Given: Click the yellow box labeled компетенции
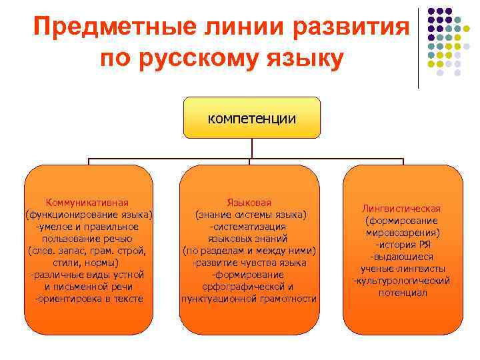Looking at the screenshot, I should tap(252, 118).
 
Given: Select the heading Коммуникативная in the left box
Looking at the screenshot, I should tap(87, 203).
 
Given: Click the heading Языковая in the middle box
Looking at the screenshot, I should tap(249, 203).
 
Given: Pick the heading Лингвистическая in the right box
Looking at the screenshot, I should tap(402, 209).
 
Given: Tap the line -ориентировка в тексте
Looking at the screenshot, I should tap(89, 299).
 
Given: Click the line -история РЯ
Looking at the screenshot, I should tap(401, 245).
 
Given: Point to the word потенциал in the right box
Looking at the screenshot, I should tap(402, 293).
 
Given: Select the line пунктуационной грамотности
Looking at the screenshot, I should tap(249, 299).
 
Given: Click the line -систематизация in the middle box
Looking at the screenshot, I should tap(249, 227).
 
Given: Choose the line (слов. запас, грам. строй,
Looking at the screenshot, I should tap(87, 251).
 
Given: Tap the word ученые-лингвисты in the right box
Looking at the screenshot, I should tap(402, 269).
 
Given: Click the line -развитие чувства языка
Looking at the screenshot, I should tap(249, 263).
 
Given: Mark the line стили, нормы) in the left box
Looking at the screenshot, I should tap(87, 263).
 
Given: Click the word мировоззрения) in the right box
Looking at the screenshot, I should tap(402, 233).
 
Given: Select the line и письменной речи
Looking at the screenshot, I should tap(88, 287).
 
